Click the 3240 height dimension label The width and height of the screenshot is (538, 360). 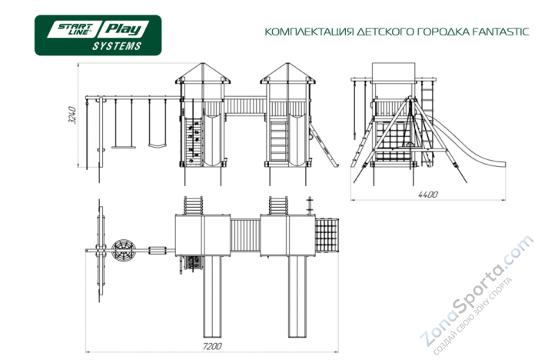pyautogui.click(x=71, y=115)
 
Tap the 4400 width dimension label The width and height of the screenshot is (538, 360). pyautogui.click(x=427, y=195)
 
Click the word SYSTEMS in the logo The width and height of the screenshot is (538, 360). pyautogui.click(x=117, y=47)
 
